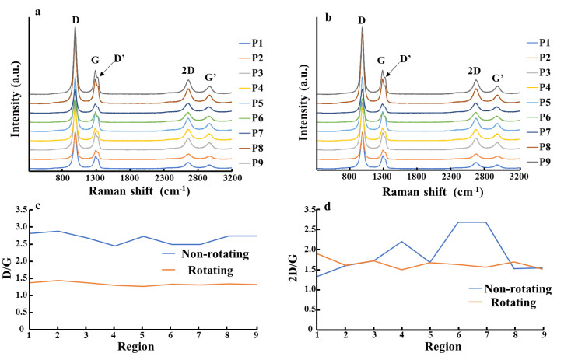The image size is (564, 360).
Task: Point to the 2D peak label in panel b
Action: coord(475,71)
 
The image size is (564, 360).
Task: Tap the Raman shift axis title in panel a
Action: coord(134,191)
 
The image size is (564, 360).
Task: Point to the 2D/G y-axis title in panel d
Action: coord(295,267)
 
